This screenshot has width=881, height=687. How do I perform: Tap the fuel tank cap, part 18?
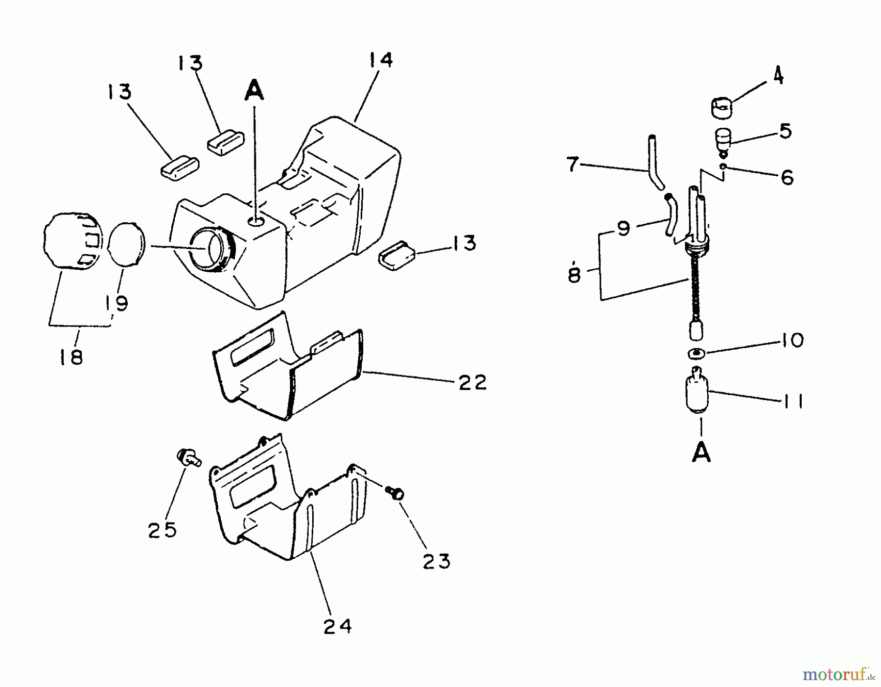72,241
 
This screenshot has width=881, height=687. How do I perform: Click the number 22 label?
472,382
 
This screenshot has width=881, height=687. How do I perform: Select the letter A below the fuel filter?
701,453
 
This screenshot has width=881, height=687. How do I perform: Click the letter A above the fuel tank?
255,91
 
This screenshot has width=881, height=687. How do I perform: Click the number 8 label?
574,274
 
